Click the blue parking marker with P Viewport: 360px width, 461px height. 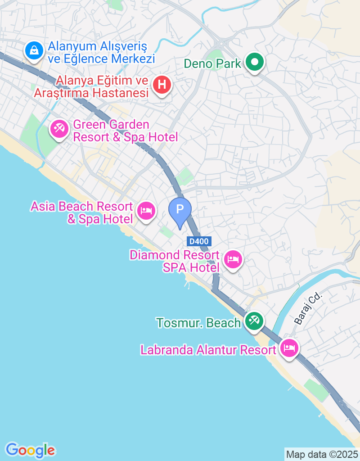point(180,210)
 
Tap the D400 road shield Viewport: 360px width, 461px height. point(199,241)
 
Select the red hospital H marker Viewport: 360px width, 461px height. point(162,85)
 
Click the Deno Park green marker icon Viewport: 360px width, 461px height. point(254,63)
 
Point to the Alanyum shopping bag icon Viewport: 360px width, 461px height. point(34,50)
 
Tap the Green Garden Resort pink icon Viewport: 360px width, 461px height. point(59,130)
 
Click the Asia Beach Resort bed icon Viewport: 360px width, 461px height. point(146,210)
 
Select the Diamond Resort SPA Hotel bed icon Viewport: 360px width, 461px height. point(233,259)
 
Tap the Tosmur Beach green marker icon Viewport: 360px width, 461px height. point(254,321)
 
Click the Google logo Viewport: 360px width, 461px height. point(31,450)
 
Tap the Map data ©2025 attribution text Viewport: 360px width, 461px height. point(322,454)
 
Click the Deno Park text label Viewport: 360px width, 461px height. point(213,63)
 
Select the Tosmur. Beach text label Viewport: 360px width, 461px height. point(198,323)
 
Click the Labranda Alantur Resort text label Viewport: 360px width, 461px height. point(208,350)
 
